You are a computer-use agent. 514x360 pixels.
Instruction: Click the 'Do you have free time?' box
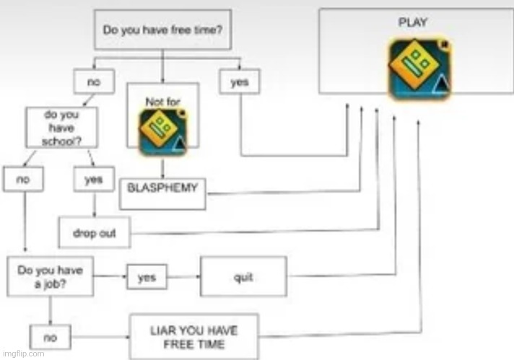(162, 30)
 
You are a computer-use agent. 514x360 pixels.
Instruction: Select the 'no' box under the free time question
(93, 82)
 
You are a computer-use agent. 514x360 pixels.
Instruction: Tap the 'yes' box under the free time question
(239, 82)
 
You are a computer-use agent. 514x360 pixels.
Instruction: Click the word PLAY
(412, 22)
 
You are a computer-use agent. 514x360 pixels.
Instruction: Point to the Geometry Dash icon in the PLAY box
(419, 69)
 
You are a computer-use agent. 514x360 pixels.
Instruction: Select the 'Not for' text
(162, 102)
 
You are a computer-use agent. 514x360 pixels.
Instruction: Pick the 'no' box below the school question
(22, 179)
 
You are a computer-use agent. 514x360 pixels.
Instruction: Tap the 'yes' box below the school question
(93, 180)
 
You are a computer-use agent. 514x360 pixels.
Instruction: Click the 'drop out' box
(94, 233)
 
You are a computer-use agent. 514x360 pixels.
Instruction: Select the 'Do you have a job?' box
(50, 276)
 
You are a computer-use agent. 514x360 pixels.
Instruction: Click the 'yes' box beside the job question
(146, 277)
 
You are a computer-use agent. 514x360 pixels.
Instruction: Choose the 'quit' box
(243, 277)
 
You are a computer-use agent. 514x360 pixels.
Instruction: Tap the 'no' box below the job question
(50, 336)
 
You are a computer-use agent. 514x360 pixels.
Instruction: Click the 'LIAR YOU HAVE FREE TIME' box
(193, 336)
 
